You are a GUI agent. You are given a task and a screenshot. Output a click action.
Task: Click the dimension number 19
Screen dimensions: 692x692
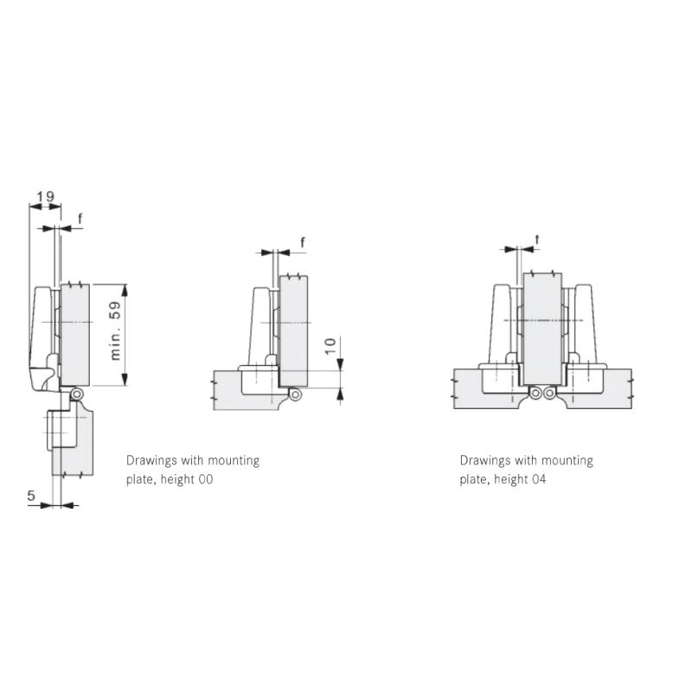pos(45,196)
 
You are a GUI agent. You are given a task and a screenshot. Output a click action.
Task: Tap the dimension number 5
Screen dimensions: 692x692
pos(31,495)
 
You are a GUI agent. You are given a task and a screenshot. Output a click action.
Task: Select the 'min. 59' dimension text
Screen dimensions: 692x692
pos(115,330)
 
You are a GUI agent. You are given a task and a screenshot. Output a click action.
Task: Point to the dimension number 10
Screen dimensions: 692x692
pos(330,346)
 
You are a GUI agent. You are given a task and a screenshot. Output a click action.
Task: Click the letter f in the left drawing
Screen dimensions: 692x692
pos(80,219)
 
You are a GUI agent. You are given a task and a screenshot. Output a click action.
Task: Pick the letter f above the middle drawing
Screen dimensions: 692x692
pos(302,242)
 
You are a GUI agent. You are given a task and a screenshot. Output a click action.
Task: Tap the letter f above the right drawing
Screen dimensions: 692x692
pos(537,240)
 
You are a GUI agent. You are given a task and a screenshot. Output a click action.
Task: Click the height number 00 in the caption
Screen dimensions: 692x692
pos(205,479)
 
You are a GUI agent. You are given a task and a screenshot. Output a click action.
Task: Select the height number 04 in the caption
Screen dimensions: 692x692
pos(538,479)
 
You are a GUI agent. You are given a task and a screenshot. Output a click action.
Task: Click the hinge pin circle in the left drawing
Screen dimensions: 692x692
pos(77,394)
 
